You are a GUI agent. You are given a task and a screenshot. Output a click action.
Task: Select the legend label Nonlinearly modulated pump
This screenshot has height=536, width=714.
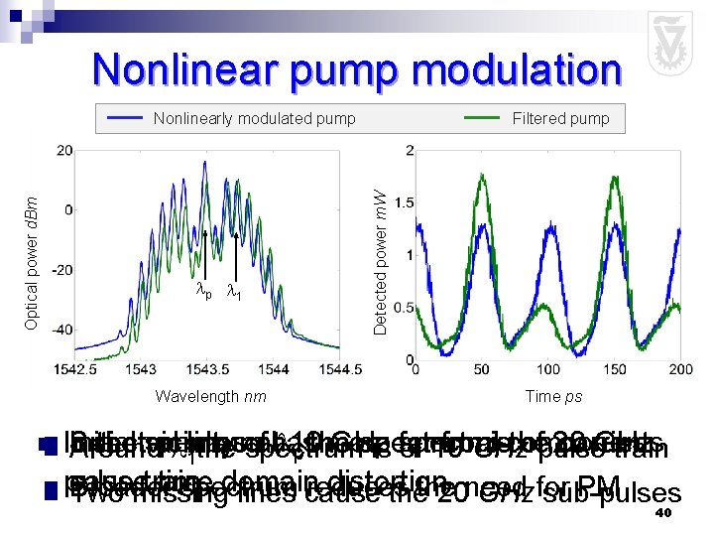(x=254, y=119)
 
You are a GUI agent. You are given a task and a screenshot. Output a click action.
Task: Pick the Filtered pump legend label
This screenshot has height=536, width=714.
(x=560, y=119)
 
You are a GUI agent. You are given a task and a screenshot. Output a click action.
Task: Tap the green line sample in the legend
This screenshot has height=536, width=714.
(x=482, y=118)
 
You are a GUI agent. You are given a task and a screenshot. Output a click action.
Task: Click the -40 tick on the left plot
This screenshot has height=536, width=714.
(x=61, y=329)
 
